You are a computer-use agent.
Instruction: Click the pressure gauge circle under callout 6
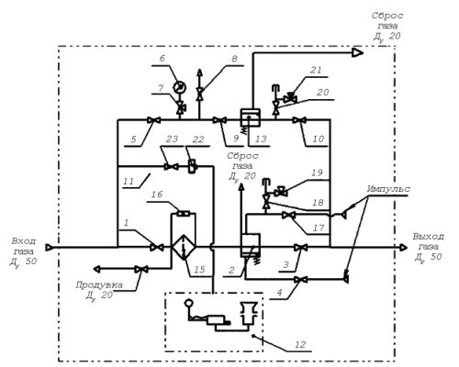point(180,87)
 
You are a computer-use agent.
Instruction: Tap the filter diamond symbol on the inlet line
point(184,247)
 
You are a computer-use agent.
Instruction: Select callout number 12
point(300,345)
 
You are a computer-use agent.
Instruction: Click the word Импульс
point(388,189)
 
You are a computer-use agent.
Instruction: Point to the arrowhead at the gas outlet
point(404,247)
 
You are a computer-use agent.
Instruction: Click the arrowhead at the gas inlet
point(49,247)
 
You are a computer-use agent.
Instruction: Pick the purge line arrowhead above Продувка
point(96,269)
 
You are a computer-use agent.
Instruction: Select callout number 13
point(261,139)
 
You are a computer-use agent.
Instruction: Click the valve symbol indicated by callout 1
point(157,247)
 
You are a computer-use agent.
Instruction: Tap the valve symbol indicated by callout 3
point(300,247)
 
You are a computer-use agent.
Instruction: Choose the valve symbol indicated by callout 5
point(153,120)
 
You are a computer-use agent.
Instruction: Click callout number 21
point(316,70)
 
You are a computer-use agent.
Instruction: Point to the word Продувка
point(99,285)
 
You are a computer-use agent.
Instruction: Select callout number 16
point(157,195)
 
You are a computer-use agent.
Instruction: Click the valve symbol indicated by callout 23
point(172,167)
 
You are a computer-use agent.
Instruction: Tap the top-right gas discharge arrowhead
point(357,52)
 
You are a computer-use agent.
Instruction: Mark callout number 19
point(317,172)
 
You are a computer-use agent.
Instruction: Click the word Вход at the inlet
point(23,241)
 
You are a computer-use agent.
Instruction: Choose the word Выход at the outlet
point(428,237)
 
